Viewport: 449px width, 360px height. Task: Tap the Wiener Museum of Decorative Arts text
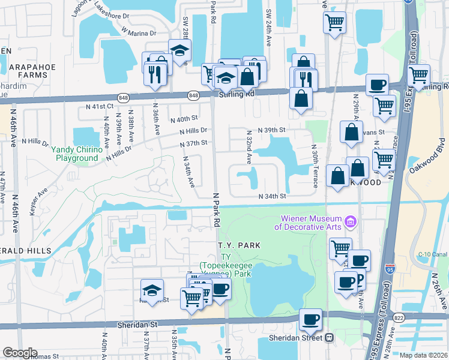309,223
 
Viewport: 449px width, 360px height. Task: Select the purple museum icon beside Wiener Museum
351,224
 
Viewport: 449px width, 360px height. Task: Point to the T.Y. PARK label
238,245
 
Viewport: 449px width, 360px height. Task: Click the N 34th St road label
273,196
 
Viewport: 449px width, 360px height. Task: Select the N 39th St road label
272,130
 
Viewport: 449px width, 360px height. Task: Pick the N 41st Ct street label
100,106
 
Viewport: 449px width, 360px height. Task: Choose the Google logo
19,353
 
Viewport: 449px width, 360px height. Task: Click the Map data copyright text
423,355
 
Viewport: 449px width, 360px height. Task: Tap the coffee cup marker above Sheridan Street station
310,320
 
